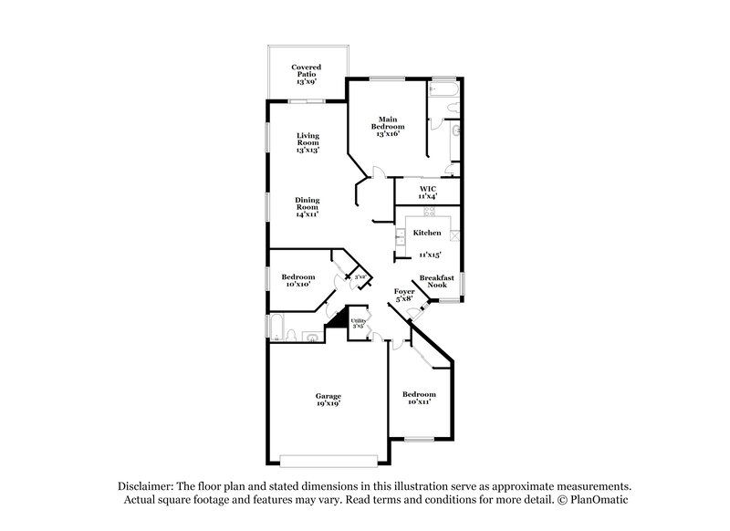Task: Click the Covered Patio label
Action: (x=307, y=74)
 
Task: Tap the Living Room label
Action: (x=308, y=142)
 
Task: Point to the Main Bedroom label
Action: (x=388, y=127)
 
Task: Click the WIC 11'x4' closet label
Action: (x=428, y=193)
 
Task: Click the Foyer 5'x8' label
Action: (x=404, y=295)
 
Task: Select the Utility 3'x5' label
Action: (x=359, y=322)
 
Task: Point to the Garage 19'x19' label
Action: (x=328, y=399)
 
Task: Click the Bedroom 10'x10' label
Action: (x=298, y=280)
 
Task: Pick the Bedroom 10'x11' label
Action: (x=420, y=397)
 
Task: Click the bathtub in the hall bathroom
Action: (x=276, y=327)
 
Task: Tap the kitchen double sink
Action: (x=400, y=239)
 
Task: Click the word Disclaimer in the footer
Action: (x=147, y=486)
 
